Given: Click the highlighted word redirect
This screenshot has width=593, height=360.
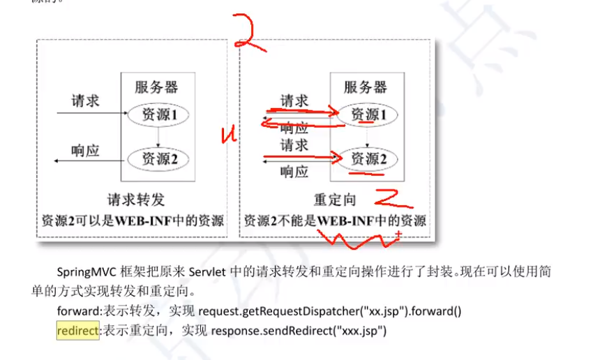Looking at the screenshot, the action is [78, 331].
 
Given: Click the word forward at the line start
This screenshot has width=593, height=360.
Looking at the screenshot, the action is [80, 312].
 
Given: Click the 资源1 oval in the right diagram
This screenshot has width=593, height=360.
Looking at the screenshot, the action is [366, 114].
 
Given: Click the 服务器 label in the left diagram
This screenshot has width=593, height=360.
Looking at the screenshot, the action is [156, 87].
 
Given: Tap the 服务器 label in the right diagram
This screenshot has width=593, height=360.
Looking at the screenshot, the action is [365, 87].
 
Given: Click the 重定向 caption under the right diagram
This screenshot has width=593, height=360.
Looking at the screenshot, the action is [335, 200].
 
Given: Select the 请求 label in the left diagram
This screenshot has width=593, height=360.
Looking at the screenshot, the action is [85, 101].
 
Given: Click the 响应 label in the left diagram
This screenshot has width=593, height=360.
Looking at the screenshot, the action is [85, 150].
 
